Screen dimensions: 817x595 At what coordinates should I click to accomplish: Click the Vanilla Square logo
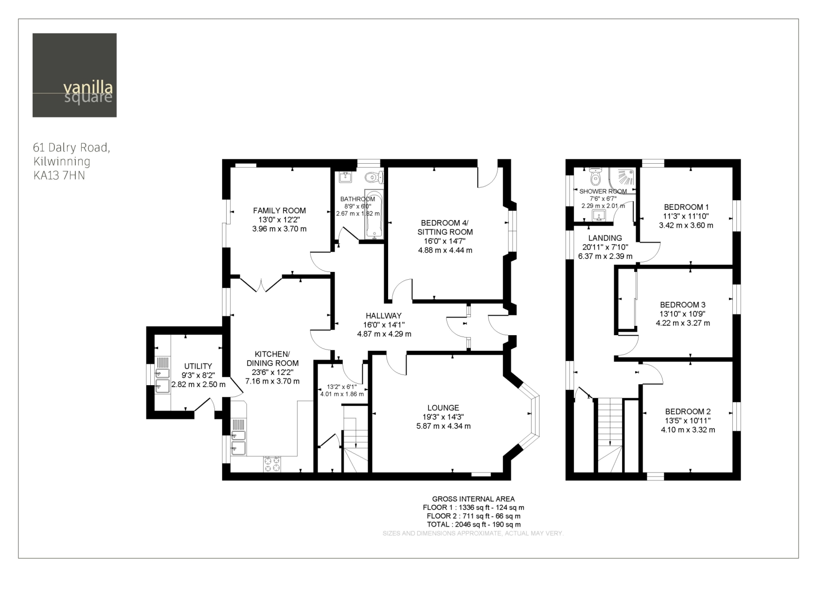click(x=74, y=75)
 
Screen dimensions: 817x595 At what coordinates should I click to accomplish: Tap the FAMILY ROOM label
click(x=279, y=211)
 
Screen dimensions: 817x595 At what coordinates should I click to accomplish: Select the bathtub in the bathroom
click(x=374, y=215)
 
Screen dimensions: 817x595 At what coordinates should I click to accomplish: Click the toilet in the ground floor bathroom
click(x=374, y=177)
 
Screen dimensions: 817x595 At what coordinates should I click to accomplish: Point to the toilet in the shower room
click(x=595, y=177)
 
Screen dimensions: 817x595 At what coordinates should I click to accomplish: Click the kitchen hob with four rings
click(x=272, y=464)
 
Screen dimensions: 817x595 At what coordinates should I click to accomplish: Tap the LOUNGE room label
click(x=443, y=408)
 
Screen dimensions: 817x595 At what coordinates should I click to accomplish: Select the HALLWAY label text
click(x=384, y=316)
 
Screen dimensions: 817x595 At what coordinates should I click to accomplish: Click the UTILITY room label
click(x=198, y=366)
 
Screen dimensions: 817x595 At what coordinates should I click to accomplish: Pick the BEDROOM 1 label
click(x=686, y=207)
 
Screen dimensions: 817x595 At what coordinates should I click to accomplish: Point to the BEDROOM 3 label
click(x=683, y=305)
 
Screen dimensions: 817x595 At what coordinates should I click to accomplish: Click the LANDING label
click(x=605, y=238)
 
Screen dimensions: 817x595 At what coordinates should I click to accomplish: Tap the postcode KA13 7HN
click(x=59, y=176)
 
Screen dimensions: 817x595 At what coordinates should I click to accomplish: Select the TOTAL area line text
click(x=474, y=525)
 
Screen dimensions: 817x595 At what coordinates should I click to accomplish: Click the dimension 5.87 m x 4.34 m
click(x=444, y=426)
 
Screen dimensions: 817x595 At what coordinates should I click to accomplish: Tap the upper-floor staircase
click(x=610, y=435)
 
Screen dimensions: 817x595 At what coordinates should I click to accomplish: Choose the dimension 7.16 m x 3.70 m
click(x=272, y=381)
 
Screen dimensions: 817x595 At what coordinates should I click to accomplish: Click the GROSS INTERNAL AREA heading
click(x=474, y=499)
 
